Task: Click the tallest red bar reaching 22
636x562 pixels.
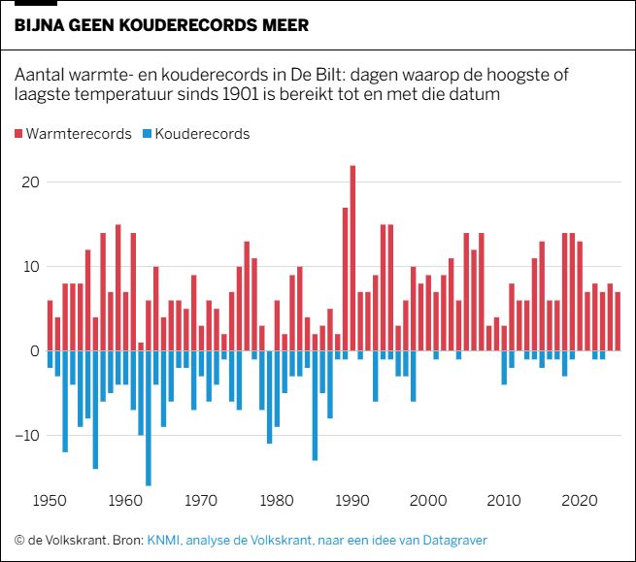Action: (x=352, y=257)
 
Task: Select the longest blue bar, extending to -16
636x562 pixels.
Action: (x=149, y=417)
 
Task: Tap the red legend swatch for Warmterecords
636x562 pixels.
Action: (x=20, y=134)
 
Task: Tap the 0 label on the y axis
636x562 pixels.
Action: (x=34, y=351)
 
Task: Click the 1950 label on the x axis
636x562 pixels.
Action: (x=50, y=502)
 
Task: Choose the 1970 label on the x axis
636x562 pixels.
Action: (x=201, y=502)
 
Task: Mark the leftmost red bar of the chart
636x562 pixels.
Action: (x=50, y=325)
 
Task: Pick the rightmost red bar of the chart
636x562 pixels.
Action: (x=618, y=321)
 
